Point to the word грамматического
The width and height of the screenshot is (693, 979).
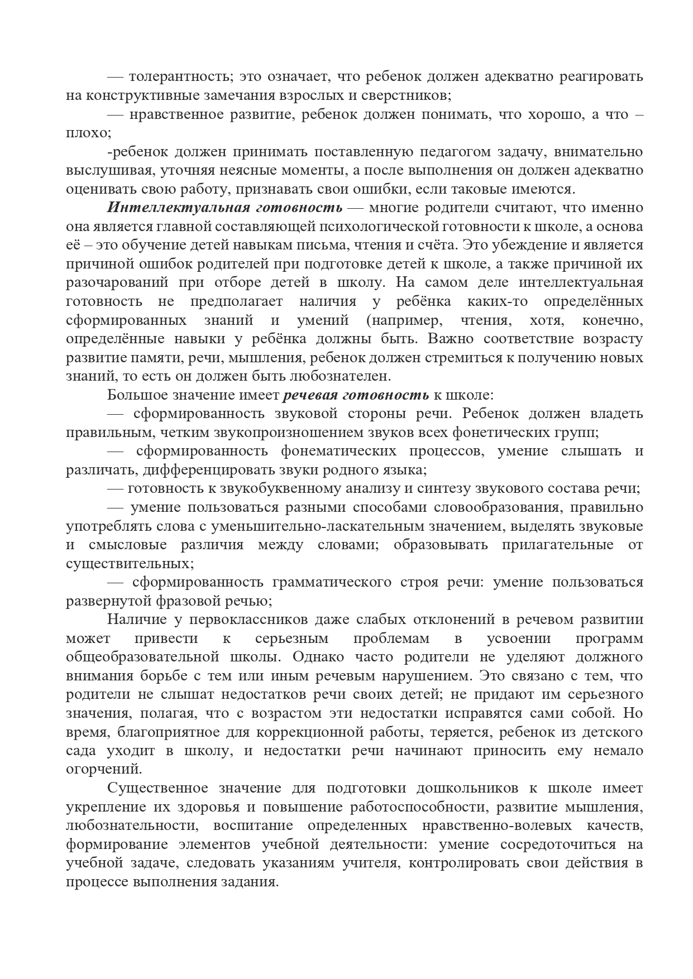tap(331, 582)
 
